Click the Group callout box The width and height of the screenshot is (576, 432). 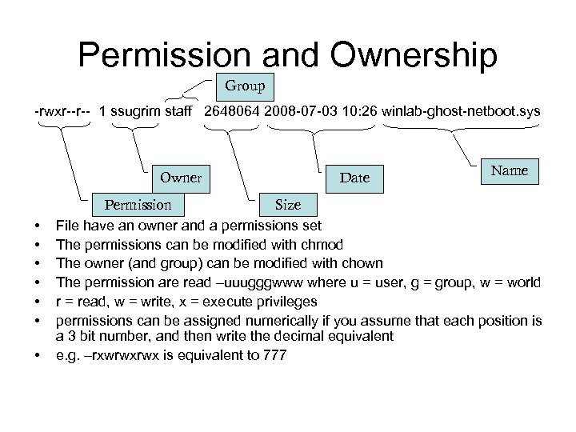pyautogui.click(x=246, y=85)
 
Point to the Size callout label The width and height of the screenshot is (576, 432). pyautogui.click(x=288, y=205)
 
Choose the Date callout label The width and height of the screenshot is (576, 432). pyautogui.click(x=354, y=178)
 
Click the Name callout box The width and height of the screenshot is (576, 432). pyautogui.click(x=510, y=170)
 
